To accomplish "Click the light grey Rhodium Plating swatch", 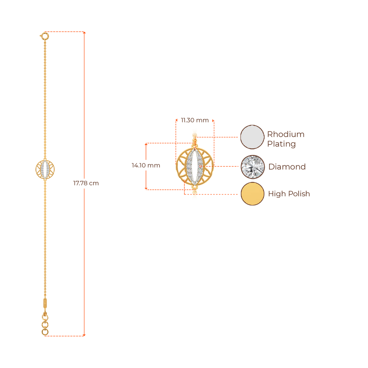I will (x=252, y=137).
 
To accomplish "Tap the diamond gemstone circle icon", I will (x=252, y=167).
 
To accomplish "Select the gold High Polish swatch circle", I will (x=252, y=194).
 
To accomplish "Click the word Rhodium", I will (x=286, y=135).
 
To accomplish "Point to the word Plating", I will (x=281, y=144).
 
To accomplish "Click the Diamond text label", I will (x=287, y=167).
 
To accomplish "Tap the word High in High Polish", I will (x=275, y=194).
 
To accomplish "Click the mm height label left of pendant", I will (x=146, y=166).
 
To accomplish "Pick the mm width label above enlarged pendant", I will (x=194, y=120).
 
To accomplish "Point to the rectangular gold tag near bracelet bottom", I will (x=45, y=303).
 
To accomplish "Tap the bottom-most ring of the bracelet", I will (x=45, y=332).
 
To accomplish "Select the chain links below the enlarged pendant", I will (x=195, y=194).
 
